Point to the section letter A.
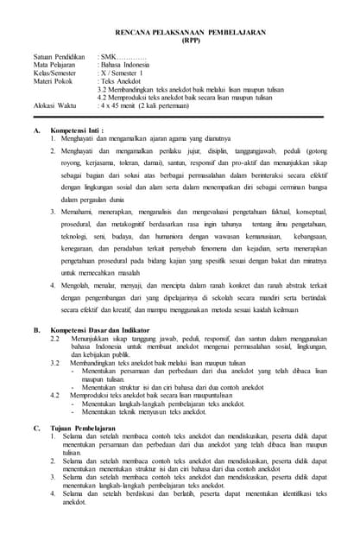[x=36, y=130]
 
